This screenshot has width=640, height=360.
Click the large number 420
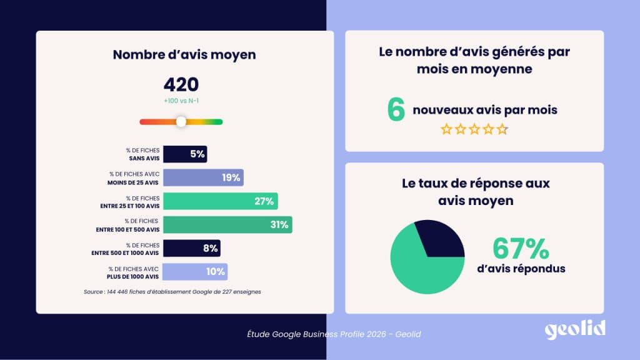pos(181,85)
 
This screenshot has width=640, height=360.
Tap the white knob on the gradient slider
pos(181,122)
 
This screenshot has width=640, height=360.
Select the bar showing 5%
pos(186,154)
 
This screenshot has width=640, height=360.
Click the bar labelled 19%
pos(204,177)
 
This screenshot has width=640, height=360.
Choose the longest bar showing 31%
pos(228,225)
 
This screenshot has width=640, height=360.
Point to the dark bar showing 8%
pos(192,248)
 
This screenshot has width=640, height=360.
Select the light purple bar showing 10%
pos(196,272)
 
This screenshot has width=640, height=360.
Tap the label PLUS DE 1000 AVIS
pos(134,276)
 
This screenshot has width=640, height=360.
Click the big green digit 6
pos(396,110)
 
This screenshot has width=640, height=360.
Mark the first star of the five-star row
pos(446,129)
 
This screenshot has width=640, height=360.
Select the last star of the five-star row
pos(502,129)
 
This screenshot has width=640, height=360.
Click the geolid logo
pos(574,330)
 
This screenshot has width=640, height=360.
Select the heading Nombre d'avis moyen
pos(184,54)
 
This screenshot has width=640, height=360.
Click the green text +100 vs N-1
pos(181,101)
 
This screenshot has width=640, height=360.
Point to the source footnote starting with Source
pos(172,292)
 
